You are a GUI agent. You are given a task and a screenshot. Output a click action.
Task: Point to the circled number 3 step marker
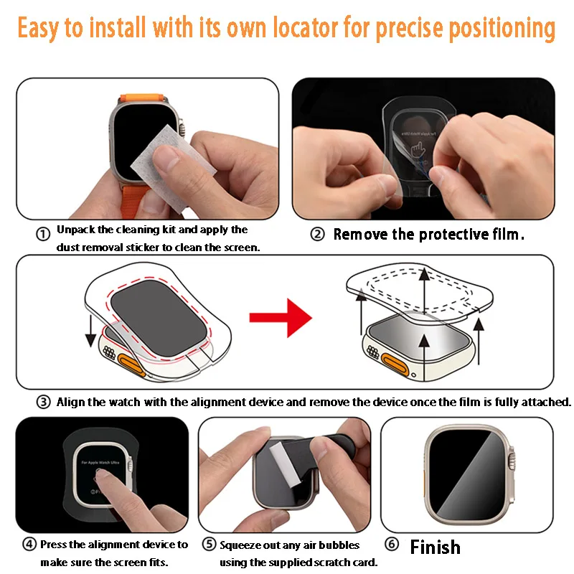(44, 402)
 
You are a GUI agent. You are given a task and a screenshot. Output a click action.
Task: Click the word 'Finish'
(435, 547)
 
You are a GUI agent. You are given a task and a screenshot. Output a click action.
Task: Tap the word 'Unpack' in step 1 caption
(75, 230)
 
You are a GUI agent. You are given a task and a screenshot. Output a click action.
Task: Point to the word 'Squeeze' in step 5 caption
(240, 545)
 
